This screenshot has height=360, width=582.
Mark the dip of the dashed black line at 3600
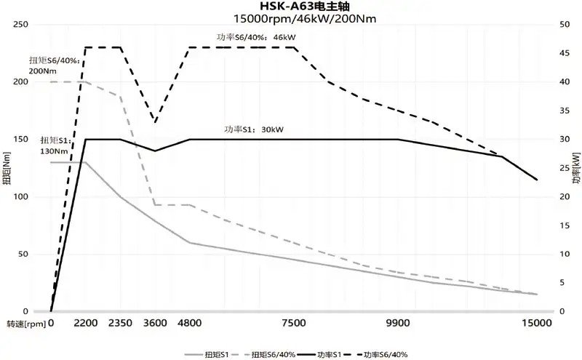154,121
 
